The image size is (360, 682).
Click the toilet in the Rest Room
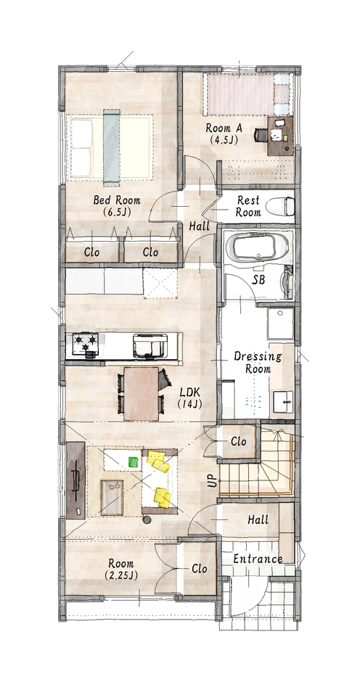pyautogui.click(x=280, y=206)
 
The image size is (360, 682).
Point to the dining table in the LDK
pyautogui.click(x=141, y=394)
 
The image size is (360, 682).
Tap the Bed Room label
pyautogui.click(x=117, y=200)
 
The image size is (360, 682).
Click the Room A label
pyautogui.click(x=224, y=128)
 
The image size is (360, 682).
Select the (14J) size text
pyautogui.click(x=189, y=404)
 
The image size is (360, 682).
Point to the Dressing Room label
pyautogui.click(x=258, y=363)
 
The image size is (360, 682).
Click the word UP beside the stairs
pyautogui.click(x=212, y=480)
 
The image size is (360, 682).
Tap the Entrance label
pyautogui.click(x=258, y=559)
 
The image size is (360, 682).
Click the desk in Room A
pyautogui.click(x=280, y=135)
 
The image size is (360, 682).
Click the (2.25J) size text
pyautogui.click(x=121, y=575)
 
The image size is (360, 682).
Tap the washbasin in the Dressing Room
pyautogui.click(x=282, y=401)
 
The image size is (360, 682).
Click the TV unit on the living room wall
pyautogui.click(x=75, y=480)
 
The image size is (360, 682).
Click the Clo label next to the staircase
pyautogui.click(x=239, y=441)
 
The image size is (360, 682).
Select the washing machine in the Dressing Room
pyautogui.click(x=280, y=324)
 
